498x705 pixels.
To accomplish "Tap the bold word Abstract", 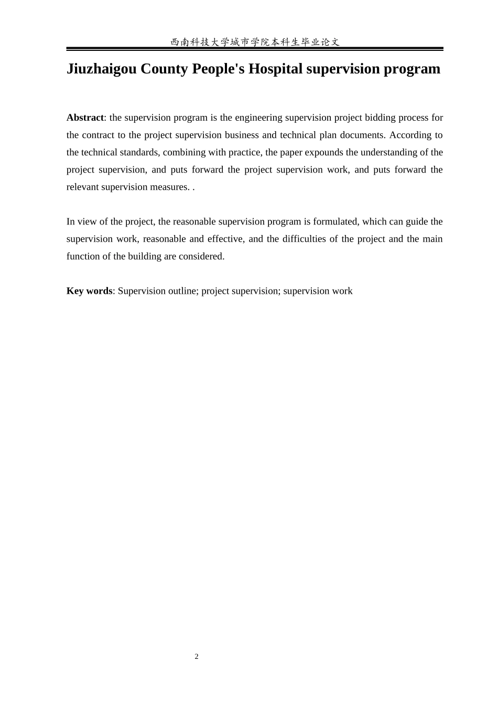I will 85,117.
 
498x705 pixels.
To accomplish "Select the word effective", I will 226,239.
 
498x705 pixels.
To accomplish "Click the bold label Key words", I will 89,291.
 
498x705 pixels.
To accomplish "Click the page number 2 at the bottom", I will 197,657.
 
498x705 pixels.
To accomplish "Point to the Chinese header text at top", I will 255,42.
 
